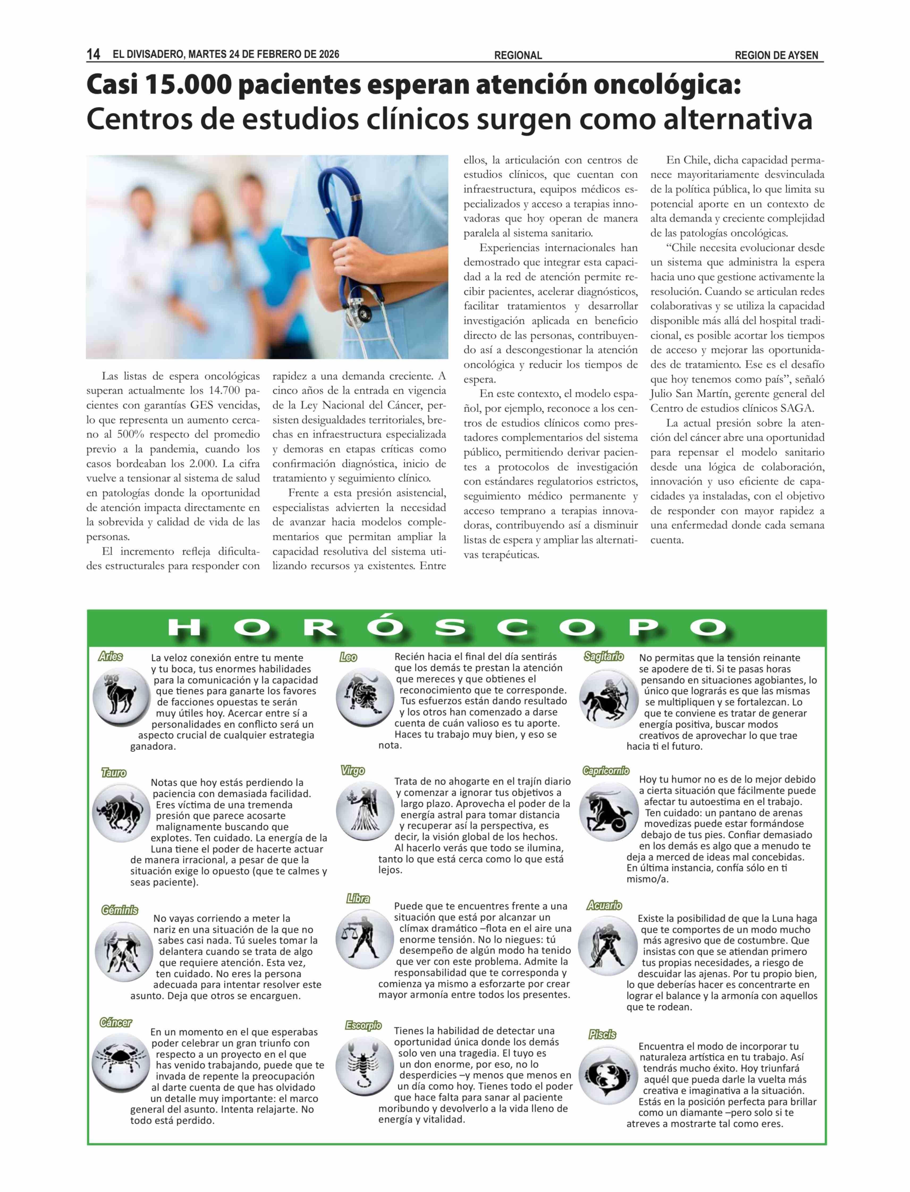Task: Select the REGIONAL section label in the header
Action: coord(518,55)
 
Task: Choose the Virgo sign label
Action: coord(353,770)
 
